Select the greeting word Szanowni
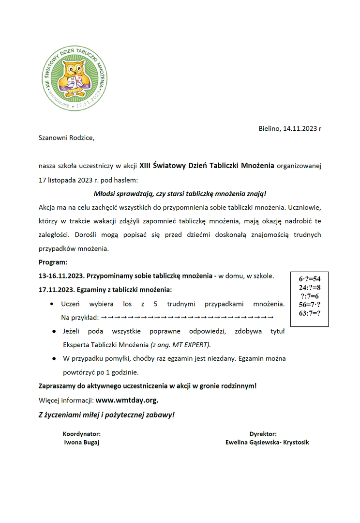tap(53, 138)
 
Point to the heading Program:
tap(53, 262)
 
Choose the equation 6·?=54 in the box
tap(310, 279)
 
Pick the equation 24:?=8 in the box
tap(310, 288)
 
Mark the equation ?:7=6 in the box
tap(310, 296)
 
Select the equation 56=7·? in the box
tap(310, 305)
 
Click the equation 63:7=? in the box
tap(310, 313)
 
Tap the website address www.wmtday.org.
tap(126, 400)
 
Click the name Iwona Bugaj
tap(82, 443)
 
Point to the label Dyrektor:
tap(263, 434)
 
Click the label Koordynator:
tap(82, 434)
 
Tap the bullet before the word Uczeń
tap(52, 304)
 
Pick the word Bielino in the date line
tap(270, 128)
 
